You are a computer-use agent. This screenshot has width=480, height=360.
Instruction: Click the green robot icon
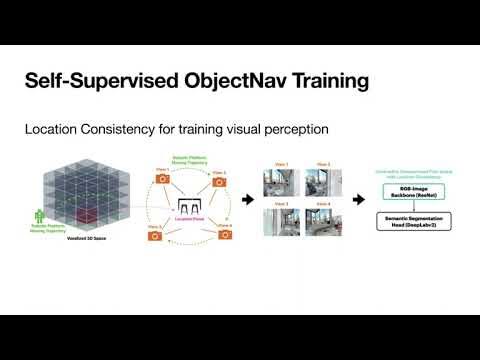tap(40, 215)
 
